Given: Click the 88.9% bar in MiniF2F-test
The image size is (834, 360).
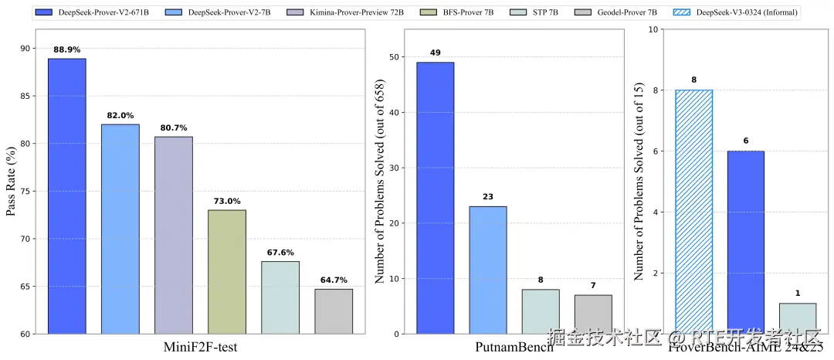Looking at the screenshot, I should click(x=67, y=196).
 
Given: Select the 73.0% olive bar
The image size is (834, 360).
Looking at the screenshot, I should click(x=227, y=272).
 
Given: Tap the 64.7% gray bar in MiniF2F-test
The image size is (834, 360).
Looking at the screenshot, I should click(x=334, y=311).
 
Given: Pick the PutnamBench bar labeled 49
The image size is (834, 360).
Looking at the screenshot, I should click(x=436, y=198).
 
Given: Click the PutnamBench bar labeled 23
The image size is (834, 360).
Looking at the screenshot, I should click(x=488, y=270).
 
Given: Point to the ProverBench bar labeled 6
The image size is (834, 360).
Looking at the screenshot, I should click(x=745, y=243).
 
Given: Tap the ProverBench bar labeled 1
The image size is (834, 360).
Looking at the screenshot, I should click(x=798, y=318).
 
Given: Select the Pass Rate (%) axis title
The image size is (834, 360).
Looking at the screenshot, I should click(x=12, y=182).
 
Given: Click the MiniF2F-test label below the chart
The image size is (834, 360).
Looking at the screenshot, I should click(x=200, y=346).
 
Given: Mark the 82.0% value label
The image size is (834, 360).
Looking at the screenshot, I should click(x=120, y=116).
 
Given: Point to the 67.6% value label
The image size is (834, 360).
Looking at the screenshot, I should click(x=280, y=253).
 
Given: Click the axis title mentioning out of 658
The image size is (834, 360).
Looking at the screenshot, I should click(x=380, y=182).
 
